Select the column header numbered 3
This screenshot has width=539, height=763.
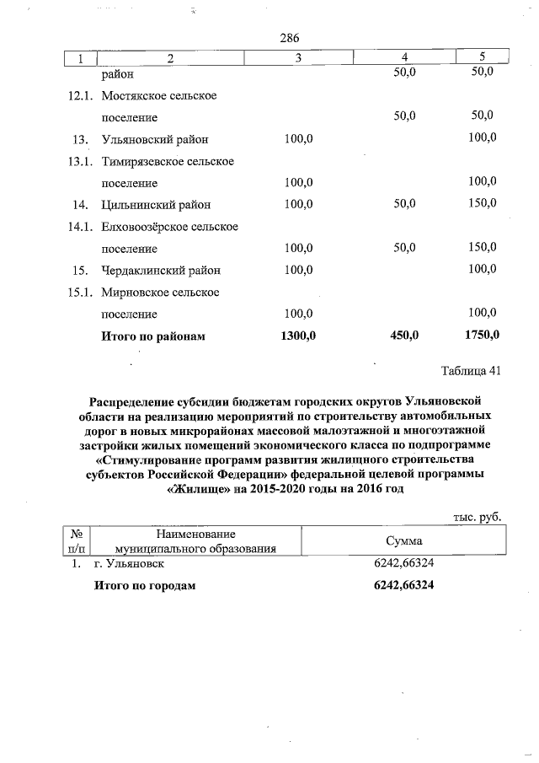[x=298, y=57]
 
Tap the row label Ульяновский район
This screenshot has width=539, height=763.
[x=155, y=138]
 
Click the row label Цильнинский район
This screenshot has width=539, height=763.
[x=156, y=204]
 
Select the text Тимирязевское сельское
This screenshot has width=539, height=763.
[x=167, y=160]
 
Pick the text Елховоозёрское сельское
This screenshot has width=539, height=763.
[x=169, y=226]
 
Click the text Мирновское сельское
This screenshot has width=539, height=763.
[x=160, y=292]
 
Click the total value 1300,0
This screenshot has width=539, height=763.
[x=297, y=336]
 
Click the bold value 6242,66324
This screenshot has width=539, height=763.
[x=403, y=585]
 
